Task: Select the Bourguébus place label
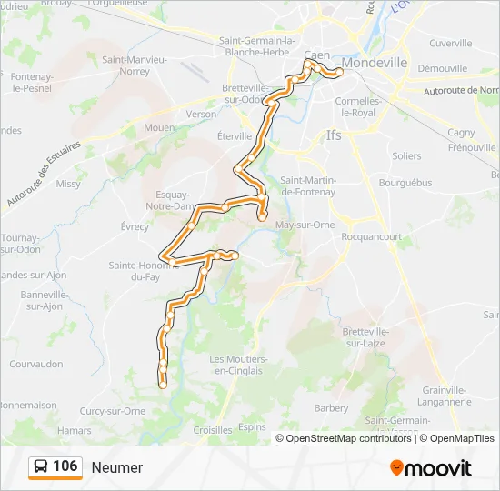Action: [405, 182]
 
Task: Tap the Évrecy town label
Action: [134, 226]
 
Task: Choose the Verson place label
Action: [201, 115]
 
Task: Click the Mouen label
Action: [158, 128]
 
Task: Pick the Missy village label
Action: [68, 183]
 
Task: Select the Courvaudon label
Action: [35, 364]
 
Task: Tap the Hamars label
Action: [75, 429]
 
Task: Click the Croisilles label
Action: [213, 429]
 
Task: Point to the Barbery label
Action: [331, 408]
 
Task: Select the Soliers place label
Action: [406, 155]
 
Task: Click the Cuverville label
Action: [451, 43]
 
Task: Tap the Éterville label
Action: [234, 135]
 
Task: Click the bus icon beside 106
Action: [42, 467]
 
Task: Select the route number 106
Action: [65, 466]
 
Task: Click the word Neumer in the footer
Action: [117, 467]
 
